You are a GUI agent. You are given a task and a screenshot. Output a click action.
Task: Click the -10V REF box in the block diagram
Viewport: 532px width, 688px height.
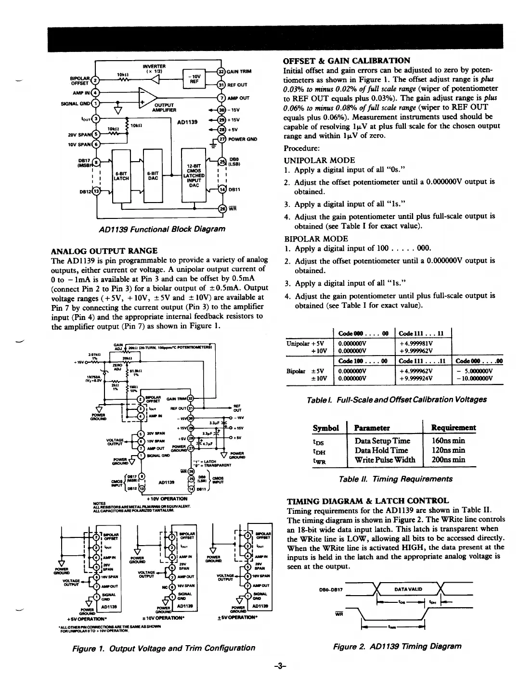pos(195,79)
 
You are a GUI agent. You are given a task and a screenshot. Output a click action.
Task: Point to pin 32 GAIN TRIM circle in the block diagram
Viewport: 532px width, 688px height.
pos(222,72)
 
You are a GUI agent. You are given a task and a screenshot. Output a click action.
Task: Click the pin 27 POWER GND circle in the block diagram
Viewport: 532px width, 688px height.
pos(222,139)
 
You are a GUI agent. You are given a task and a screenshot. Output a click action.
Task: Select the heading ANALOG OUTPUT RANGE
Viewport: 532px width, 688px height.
pos(104,251)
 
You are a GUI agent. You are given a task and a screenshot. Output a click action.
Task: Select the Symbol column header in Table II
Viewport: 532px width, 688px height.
pos(325,428)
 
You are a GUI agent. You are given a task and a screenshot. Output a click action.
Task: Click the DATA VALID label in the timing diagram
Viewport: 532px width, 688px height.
pos(408,589)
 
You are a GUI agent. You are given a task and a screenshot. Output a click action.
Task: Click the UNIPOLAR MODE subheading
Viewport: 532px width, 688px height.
pos(319,160)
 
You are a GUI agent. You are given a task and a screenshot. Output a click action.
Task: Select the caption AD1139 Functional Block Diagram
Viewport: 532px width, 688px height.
pos(162,229)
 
